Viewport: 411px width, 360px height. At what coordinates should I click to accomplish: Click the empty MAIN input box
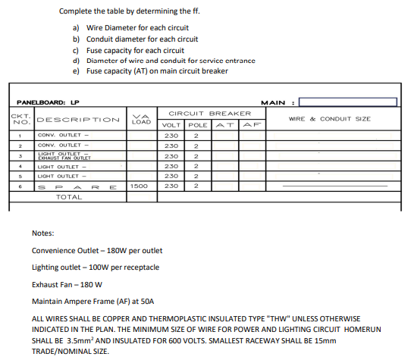pyautogui.click(x=348, y=102)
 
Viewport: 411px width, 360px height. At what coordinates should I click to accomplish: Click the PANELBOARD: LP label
pyautogui.click(x=49, y=102)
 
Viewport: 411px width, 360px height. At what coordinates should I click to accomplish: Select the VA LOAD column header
pyautogui.click(x=141, y=118)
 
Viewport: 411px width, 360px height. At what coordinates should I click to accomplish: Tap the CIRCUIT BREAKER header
pyautogui.click(x=209, y=113)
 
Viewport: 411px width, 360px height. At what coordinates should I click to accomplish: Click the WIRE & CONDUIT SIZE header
pyautogui.click(x=330, y=119)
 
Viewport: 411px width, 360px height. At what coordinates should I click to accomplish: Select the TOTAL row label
pyautogui.click(x=69, y=197)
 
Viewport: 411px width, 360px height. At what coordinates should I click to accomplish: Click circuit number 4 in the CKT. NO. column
pyautogui.click(x=19, y=166)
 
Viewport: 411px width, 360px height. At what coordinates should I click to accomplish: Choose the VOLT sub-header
pyautogui.click(x=171, y=124)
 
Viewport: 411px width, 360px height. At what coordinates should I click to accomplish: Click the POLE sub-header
pyautogui.click(x=197, y=124)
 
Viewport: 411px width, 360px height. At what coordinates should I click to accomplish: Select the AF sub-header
pyautogui.click(x=250, y=124)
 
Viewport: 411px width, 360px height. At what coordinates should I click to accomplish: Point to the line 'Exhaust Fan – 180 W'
pyautogui.click(x=67, y=284)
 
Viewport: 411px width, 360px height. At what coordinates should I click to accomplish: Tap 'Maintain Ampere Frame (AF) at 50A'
pyautogui.click(x=93, y=302)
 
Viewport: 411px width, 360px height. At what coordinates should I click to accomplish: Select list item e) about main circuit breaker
pyautogui.click(x=152, y=70)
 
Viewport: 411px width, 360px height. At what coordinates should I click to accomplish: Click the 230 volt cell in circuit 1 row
pyautogui.click(x=171, y=136)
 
